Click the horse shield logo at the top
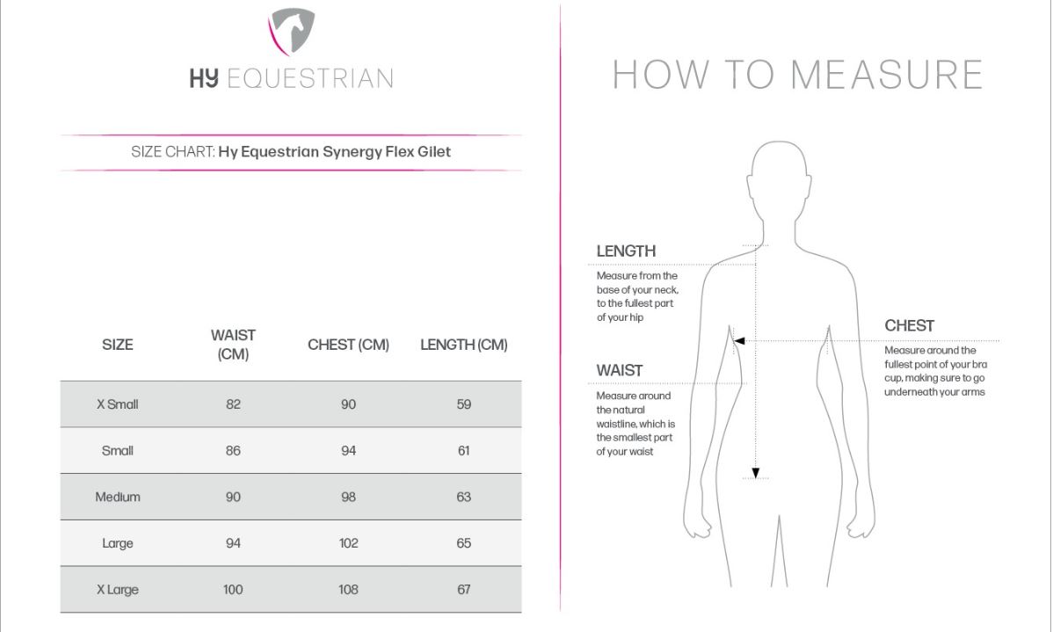(x=292, y=32)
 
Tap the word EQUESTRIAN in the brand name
(x=310, y=78)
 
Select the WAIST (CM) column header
(x=233, y=345)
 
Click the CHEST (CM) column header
(x=349, y=345)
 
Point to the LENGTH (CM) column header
(x=464, y=345)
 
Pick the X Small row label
(x=118, y=404)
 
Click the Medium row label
(x=118, y=497)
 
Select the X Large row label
(x=118, y=590)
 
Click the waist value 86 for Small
(x=233, y=451)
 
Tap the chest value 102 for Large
(x=349, y=543)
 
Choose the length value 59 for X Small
(x=464, y=404)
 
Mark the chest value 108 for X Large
(x=349, y=590)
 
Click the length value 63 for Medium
(x=464, y=497)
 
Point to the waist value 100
(x=233, y=590)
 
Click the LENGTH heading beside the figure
(x=626, y=251)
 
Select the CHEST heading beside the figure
(x=909, y=326)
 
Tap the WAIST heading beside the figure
(x=619, y=371)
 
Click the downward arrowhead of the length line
(x=756, y=474)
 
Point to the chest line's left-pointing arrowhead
(x=739, y=341)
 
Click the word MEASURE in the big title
(x=887, y=75)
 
